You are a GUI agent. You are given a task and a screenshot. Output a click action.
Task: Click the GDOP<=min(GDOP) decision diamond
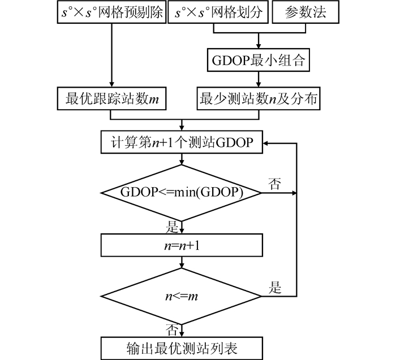[182, 192]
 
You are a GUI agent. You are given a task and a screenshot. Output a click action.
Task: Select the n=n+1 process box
[182, 245]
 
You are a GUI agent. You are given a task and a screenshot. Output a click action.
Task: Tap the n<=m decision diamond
[182, 295]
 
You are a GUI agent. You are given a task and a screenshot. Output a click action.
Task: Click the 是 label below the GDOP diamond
[171, 227]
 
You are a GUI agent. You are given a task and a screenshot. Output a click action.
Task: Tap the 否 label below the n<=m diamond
[171, 329]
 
